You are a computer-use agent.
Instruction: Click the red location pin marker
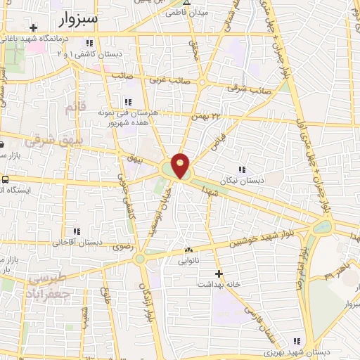(181, 165)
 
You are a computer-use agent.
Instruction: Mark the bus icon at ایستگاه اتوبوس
(6, 179)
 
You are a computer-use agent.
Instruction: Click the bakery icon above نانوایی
(188, 250)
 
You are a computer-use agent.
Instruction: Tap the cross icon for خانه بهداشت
(219, 273)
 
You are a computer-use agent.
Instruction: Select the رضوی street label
(113, 246)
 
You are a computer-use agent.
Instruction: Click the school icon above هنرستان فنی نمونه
(127, 103)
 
